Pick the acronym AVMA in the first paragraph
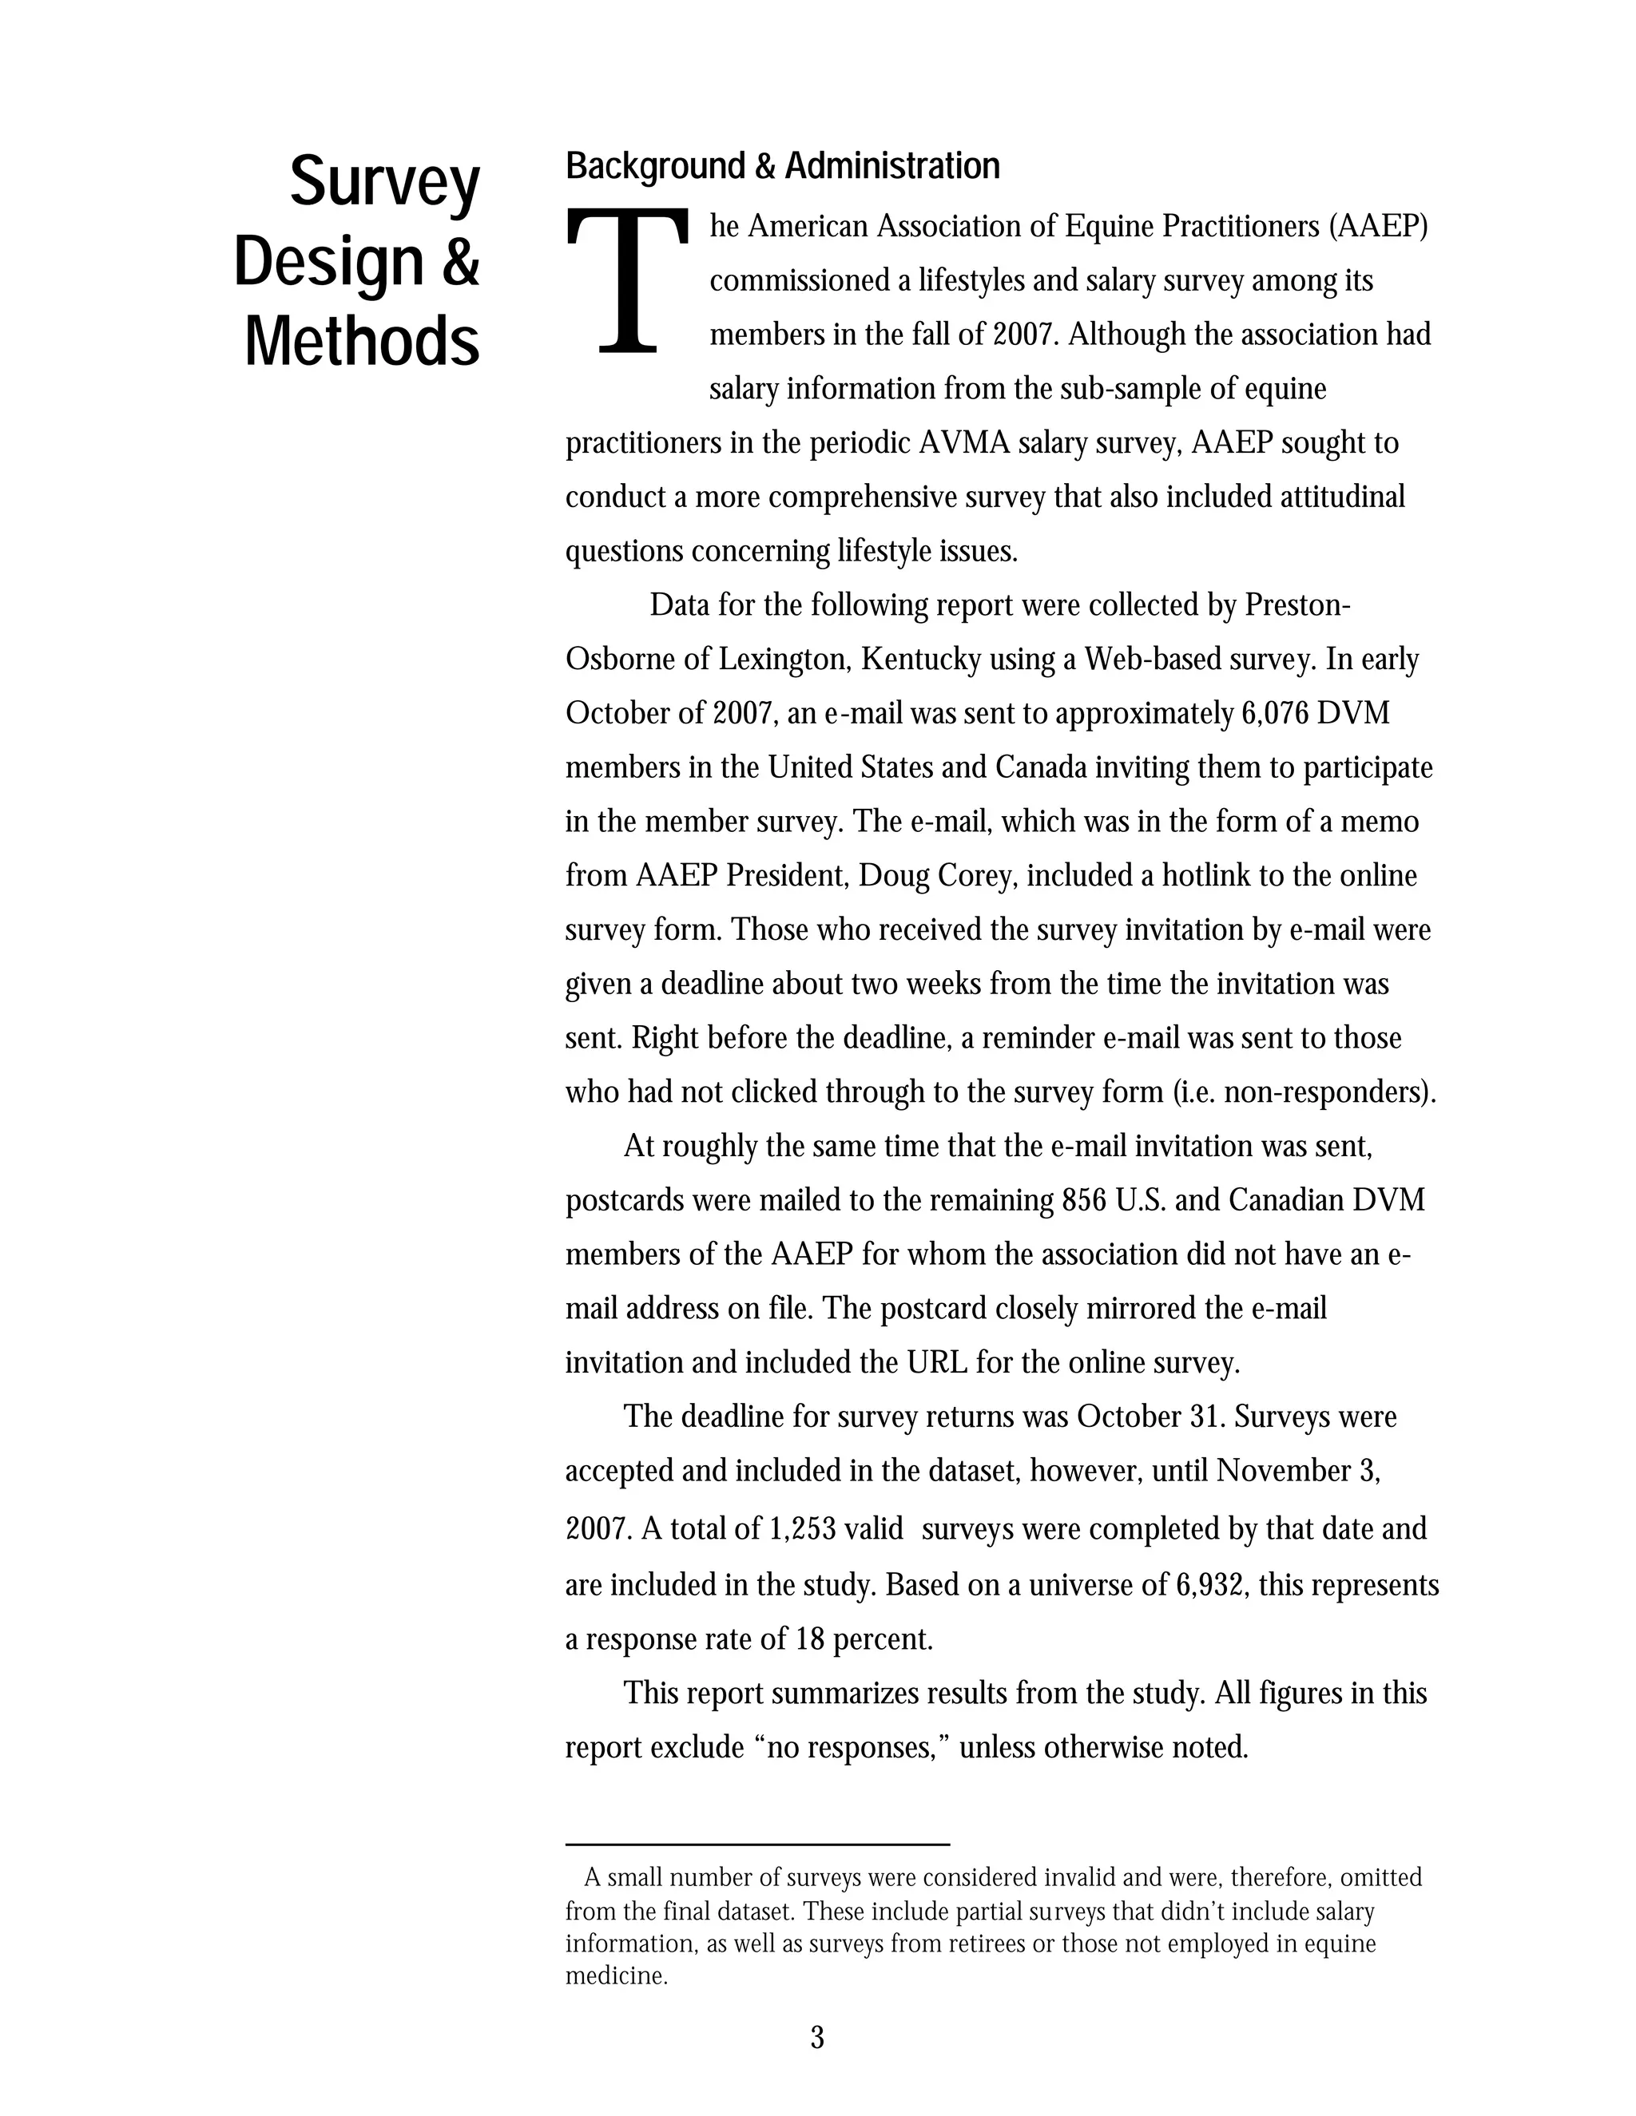[x=964, y=443]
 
